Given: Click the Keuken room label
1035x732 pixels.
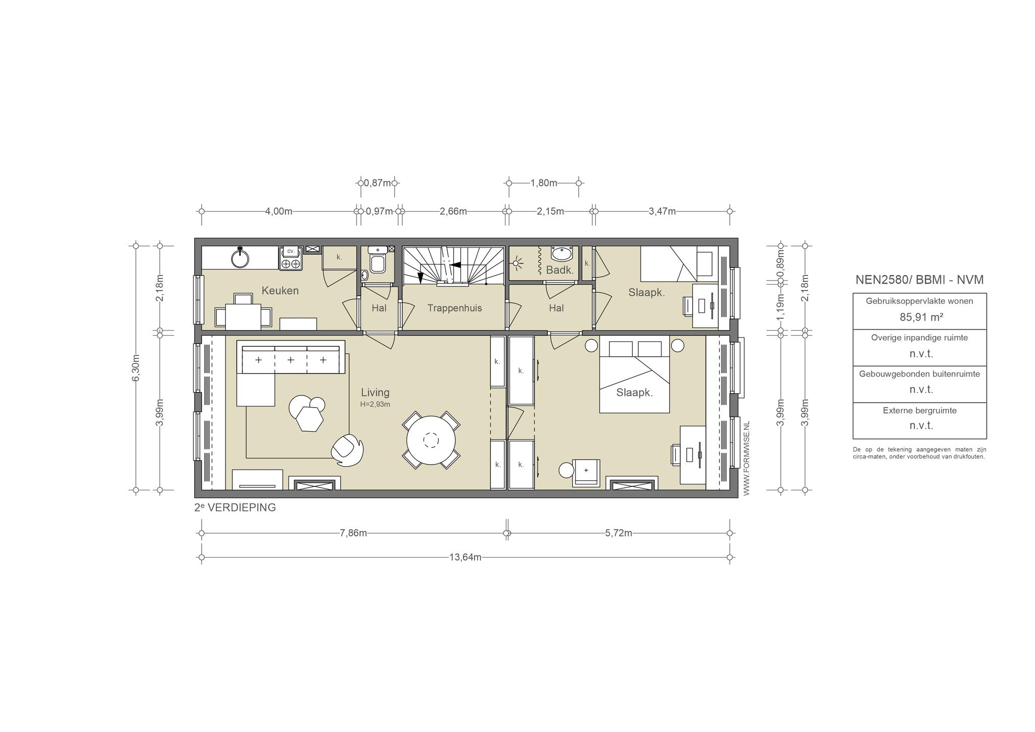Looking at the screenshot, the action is pos(280,291).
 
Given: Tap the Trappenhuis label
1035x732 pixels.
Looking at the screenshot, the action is pos(454,308).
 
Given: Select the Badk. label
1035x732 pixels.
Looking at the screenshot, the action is pos(560,270).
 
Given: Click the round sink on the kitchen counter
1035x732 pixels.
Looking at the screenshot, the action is pos(240,258).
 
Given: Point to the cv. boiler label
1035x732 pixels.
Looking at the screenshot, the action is pos(291,251).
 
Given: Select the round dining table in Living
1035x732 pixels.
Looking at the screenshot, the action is pos(431,440).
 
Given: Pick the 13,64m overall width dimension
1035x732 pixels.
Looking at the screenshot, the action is pos(465,558).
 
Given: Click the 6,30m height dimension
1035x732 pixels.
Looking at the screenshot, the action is pos(135,368).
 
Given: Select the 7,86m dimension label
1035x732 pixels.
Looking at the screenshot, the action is pos(353,533).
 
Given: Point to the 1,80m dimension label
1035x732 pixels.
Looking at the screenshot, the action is pos(544,183).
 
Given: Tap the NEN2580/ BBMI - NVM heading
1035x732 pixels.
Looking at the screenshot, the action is pos(920,280).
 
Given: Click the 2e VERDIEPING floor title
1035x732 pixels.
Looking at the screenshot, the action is pos(235,508).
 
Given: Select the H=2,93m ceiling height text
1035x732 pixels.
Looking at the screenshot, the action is pos(375,404).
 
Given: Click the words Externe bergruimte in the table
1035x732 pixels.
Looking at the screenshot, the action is pos(920,410).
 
